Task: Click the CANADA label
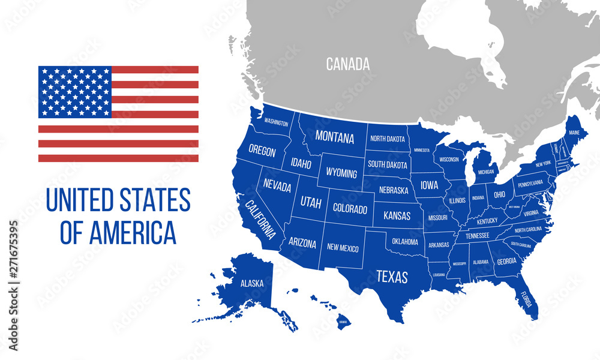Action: [347, 64]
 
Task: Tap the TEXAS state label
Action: [391, 277]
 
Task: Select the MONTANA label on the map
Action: [335, 137]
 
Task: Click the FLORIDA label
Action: [526, 298]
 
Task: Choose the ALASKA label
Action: [251, 283]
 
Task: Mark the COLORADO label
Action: [350, 209]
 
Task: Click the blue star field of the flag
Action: [75, 92]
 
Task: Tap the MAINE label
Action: [574, 133]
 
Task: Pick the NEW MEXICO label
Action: [343, 246]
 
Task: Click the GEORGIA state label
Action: [506, 261]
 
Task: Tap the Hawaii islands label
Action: [343, 322]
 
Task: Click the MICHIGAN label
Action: [486, 172]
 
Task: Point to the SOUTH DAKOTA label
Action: [387, 164]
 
